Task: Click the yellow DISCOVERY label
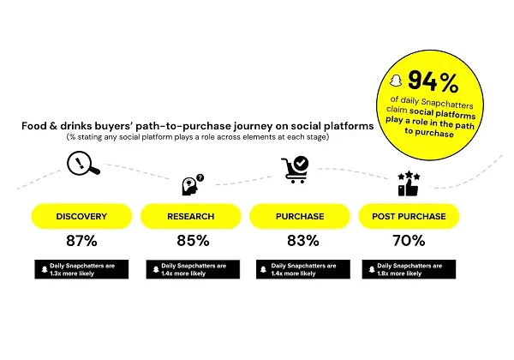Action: coord(82,216)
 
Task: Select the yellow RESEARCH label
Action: coord(191,216)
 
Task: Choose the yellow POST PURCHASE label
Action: coord(409,216)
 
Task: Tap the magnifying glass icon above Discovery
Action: coord(84,163)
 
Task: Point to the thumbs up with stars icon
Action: coord(409,183)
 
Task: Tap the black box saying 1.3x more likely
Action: coord(82,268)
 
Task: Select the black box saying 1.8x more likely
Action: coord(409,268)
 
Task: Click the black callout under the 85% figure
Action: coord(191,268)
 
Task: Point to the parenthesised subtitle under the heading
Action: coord(198,138)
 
